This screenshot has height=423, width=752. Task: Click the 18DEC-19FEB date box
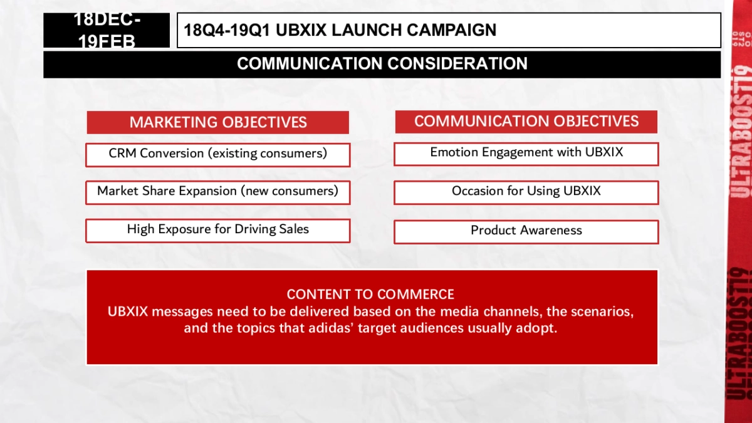click(x=107, y=30)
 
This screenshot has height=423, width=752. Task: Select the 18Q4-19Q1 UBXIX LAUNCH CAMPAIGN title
click(x=340, y=30)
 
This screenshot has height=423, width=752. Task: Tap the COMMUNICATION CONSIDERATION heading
click(x=382, y=64)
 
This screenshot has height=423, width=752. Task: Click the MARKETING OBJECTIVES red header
click(x=218, y=122)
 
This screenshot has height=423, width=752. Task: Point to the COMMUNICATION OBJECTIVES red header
click(x=526, y=122)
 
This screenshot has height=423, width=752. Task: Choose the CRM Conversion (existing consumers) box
click(x=217, y=154)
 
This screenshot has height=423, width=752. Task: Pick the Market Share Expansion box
click(x=217, y=192)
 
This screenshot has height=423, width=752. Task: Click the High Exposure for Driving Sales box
click(x=217, y=230)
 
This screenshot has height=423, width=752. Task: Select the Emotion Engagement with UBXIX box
click(x=526, y=154)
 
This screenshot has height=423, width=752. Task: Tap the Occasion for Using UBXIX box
click(x=526, y=192)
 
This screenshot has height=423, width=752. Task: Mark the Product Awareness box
click(x=526, y=231)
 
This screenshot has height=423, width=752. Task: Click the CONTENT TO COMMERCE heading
click(x=370, y=295)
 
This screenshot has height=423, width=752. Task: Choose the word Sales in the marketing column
click(x=293, y=229)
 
